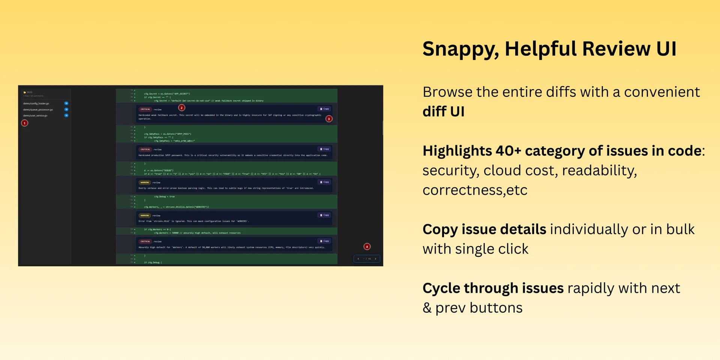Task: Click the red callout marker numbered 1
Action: [25, 123]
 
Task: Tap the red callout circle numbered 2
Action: [181, 108]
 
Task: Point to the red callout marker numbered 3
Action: [329, 119]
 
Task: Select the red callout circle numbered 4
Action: [367, 246]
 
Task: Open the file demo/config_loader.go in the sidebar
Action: [36, 103]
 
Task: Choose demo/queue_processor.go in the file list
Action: [38, 109]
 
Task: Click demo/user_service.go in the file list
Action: [35, 115]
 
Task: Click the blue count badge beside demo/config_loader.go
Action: [66, 103]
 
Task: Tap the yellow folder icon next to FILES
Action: [25, 92]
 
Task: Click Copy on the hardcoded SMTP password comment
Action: [324, 149]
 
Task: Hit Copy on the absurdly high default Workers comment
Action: [324, 241]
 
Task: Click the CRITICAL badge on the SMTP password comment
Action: [145, 149]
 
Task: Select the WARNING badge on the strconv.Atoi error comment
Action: [145, 216]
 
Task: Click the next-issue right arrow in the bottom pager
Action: [375, 259]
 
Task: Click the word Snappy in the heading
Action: [460, 49]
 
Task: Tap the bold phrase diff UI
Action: [443, 111]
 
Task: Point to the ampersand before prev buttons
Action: [427, 308]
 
